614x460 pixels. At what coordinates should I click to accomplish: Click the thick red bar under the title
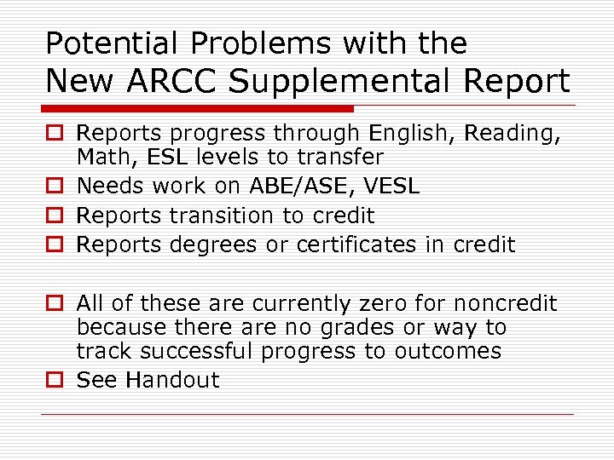click(200, 109)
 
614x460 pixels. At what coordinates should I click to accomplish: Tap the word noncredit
click(506, 304)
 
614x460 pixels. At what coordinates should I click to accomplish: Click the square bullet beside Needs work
click(55, 187)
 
